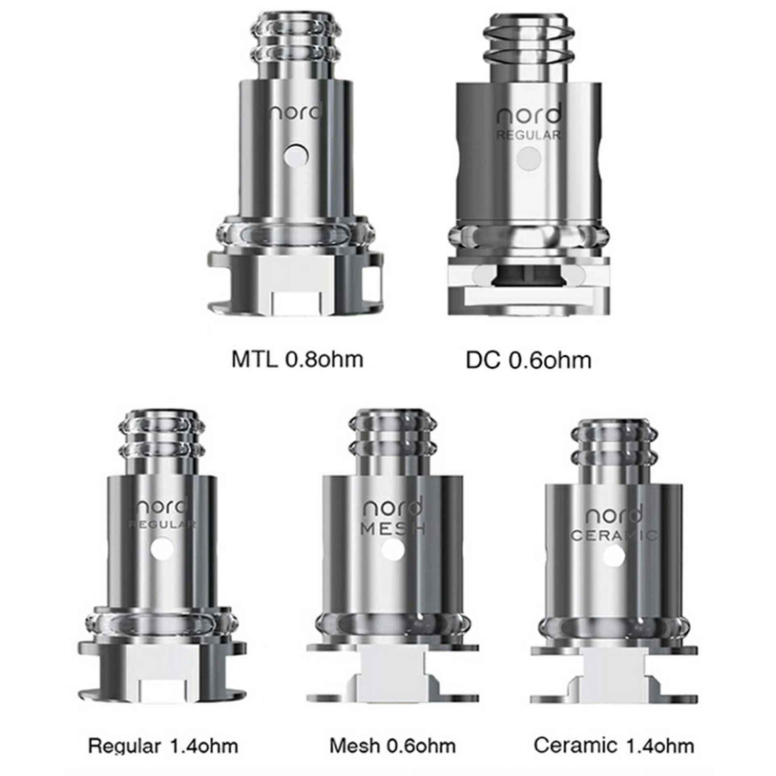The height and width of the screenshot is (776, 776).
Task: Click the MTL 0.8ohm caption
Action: click(x=297, y=359)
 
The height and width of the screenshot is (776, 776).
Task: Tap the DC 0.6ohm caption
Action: click(x=528, y=360)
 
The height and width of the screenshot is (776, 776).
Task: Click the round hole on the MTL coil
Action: click(x=295, y=155)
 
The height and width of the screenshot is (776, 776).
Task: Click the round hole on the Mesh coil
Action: click(x=392, y=550)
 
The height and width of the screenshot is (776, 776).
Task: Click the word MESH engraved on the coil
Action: click(x=392, y=529)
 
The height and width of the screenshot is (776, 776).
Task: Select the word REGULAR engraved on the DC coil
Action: click(x=528, y=135)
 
